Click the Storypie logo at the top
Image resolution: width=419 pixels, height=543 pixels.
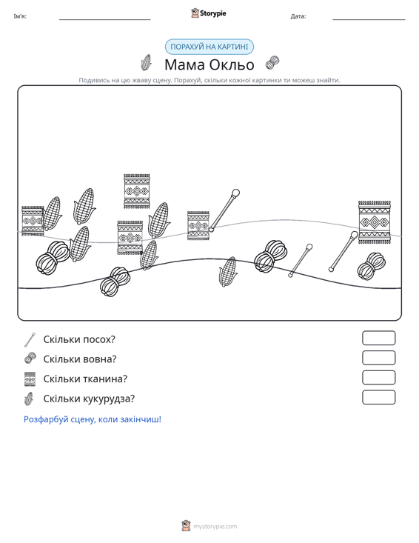pyautogui.click(x=209, y=13)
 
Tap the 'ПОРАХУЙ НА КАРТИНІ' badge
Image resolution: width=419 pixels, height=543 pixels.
pyautogui.click(x=209, y=47)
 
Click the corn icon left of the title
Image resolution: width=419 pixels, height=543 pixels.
pyautogui.click(x=147, y=63)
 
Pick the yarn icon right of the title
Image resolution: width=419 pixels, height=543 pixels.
pyautogui.click(x=272, y=63)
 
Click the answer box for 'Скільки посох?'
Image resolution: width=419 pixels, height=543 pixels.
pyautogui.click(x=378, y=338)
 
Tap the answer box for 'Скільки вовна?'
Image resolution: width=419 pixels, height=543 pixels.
pyautogui.click(x=378, y=358)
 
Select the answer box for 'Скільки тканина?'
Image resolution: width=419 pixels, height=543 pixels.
pyautogui.click(x=378, y=378)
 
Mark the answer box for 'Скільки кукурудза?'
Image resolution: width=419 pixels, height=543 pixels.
pyautogui.click(x=378, y=397)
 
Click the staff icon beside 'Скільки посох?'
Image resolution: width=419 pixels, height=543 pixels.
pyautogui.click(x=30, y=340)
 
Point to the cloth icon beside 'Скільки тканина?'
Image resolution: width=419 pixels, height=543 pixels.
pyautogui.click(x=30, y=379)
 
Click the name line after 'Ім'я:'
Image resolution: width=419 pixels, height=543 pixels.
pyautogui.click(x=105, y=19)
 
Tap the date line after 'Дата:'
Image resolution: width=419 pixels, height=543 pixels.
pyautogui.click(x=369, y=19)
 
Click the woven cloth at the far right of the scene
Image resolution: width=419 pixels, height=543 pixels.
pyautogui.click(x=375, y=222)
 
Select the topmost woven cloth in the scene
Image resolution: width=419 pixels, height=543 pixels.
pyautogui.click(x=137, y=191)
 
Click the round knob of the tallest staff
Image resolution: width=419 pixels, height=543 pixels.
pyautogui.click(x=235, y=193)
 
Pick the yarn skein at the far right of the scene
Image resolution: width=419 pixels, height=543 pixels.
pyautogui.click(x=372, y=266)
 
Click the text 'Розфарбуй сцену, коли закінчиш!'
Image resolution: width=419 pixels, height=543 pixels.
pyautogui.click(x=93, y=419)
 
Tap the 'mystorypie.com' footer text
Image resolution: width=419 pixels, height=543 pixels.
pyautogui.click(x=215, y=527)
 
